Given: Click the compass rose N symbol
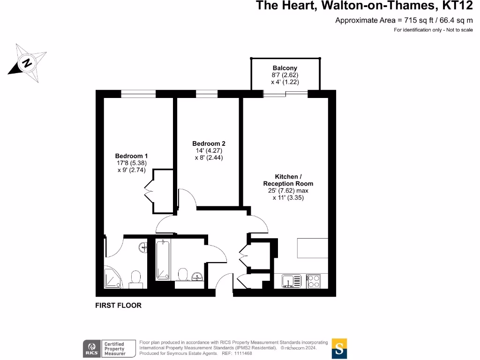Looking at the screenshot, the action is pyautogui.click(x=27, y=63).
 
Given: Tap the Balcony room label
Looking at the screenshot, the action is pyautogui.click(x=285, y=68).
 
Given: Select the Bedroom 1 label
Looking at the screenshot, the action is pyautogui.click(x=131, y=156).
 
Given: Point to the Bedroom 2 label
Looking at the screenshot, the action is pyautogui.click(x=209, y=143).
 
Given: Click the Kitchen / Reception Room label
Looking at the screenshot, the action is pyautogui.click(x=288, y=180).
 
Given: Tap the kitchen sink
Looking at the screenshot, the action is pyautogui.click(x=292, y=281).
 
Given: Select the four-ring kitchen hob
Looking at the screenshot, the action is pyautogui.click(x=314, y=281).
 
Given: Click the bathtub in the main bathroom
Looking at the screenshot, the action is pyautogui.click(x=163, y=260).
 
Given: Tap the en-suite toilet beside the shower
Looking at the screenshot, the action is pyautogui.click(x=135, y=279).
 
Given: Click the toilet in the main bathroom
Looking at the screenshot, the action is pyautogui.click(x=183, y=274).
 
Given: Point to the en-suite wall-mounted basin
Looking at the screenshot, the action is pyautogui.click(x=143, y=247).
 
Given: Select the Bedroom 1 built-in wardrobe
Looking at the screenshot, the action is pyautogui.click(x=159, y=191).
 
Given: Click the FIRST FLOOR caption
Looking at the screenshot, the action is pyautogui.click(x=118, y=306).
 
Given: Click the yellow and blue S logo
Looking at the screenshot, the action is pyautogui.click(x=339, y=348).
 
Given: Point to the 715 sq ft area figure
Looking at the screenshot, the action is pyautogui.click(x=419, y=20).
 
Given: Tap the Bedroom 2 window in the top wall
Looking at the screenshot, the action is pyautogui.click(x=207, y=94).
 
